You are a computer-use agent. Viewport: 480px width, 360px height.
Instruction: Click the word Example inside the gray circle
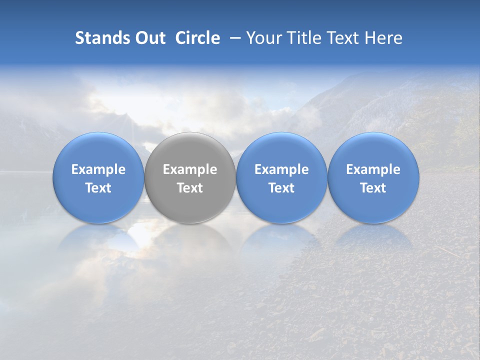click(190, 169)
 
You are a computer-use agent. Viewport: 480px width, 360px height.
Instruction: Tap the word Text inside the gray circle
click(190, 188)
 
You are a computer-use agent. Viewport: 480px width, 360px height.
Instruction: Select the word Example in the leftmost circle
click(98, 169)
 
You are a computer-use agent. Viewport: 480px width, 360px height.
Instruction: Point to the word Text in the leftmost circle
click(98, 188)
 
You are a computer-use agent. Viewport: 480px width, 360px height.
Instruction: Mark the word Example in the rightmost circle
click(373, 169)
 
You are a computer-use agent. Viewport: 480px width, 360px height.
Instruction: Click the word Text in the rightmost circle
click(373, 188)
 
